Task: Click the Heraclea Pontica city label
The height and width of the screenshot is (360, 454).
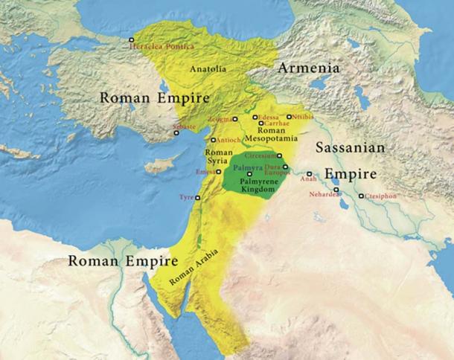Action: click(x=162, y=47)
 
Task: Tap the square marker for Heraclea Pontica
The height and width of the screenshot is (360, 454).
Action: click(x=132, y=39)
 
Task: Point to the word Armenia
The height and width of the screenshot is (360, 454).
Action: click(x=309, y=68)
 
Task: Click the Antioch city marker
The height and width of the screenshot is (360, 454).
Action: click(x=214, y=140)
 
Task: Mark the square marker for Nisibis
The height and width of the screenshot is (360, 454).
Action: click(x=290, y=117)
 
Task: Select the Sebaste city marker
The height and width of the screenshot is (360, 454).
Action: click(x=176, y=132)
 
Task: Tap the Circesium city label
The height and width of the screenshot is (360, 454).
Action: click(x=261, y=156)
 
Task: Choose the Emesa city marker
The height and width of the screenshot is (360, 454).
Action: click(x=219, y=171)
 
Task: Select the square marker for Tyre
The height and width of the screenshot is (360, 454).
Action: click(x=198, y=198)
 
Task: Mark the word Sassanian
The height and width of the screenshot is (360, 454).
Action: click(x=350, y=148)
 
